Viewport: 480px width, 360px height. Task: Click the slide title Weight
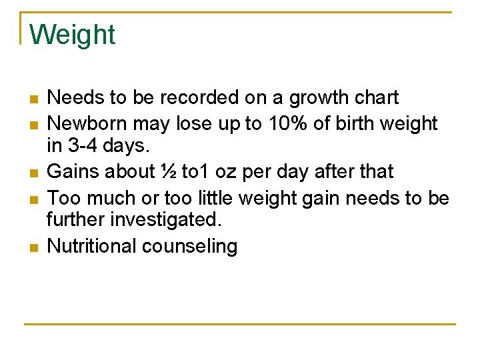pos(73,35)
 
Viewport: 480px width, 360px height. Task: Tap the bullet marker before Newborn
pos(33,125)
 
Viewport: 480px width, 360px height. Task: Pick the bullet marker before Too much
pos(33,199)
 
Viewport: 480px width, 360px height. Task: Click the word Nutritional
pos(91,246)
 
